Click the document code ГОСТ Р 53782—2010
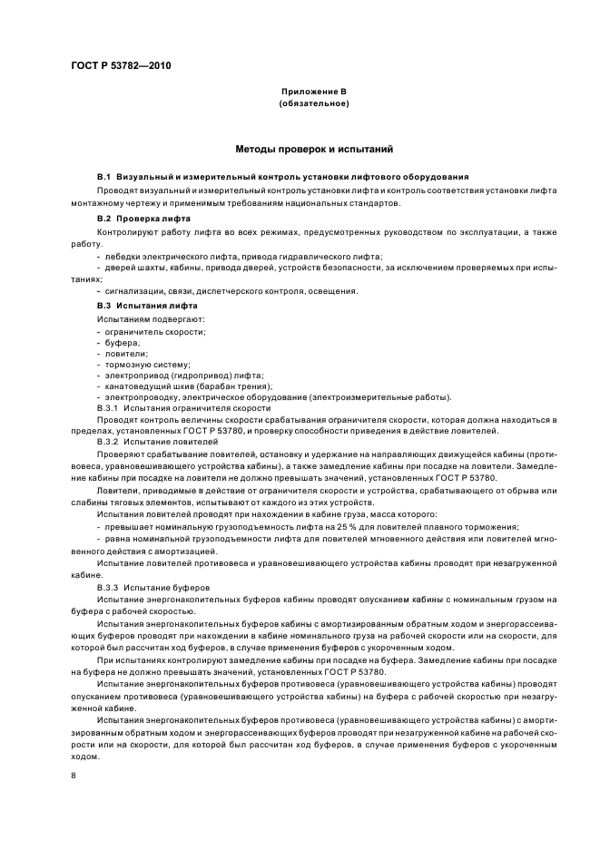coord(120,66)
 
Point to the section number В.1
coord(103,175)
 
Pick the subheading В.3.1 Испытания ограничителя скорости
coord(176,409)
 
